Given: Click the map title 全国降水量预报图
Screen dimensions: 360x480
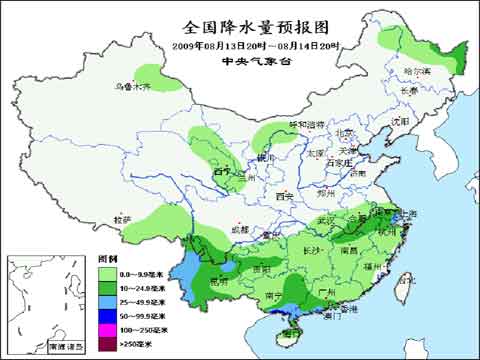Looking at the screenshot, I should click(241, 26).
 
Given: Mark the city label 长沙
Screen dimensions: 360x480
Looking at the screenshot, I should click(311, 249).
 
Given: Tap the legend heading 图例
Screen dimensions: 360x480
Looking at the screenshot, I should click(108, 258).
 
